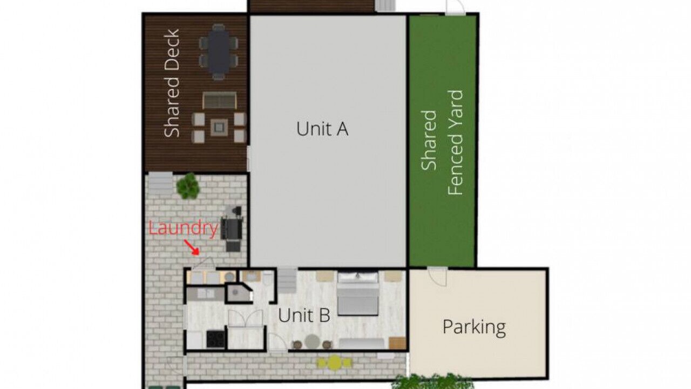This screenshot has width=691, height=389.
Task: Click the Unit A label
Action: [322, 129]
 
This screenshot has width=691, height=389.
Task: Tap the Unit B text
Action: [304, 316]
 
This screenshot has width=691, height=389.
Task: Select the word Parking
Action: [475, 327]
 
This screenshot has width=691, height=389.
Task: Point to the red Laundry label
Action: [184, 229]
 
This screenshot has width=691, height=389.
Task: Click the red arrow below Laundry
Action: [192, 247]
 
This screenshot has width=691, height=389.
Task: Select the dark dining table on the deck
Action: [219, 52]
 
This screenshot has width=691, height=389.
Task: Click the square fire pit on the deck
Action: [219, 127]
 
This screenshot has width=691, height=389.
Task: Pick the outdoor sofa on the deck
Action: [220, 100]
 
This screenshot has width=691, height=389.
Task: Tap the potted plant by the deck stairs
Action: [187, 186]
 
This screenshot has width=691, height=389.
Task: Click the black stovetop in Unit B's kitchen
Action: [215, 339]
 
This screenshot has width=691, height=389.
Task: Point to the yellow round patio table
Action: [334, 363]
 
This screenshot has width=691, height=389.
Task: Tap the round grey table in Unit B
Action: [312, 342]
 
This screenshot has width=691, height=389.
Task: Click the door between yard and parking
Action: [438, 276]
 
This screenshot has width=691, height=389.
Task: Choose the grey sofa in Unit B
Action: [362, 344]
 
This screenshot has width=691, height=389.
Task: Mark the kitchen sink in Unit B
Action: [206, 293]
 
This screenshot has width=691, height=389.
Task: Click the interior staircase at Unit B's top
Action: [288, 280]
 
